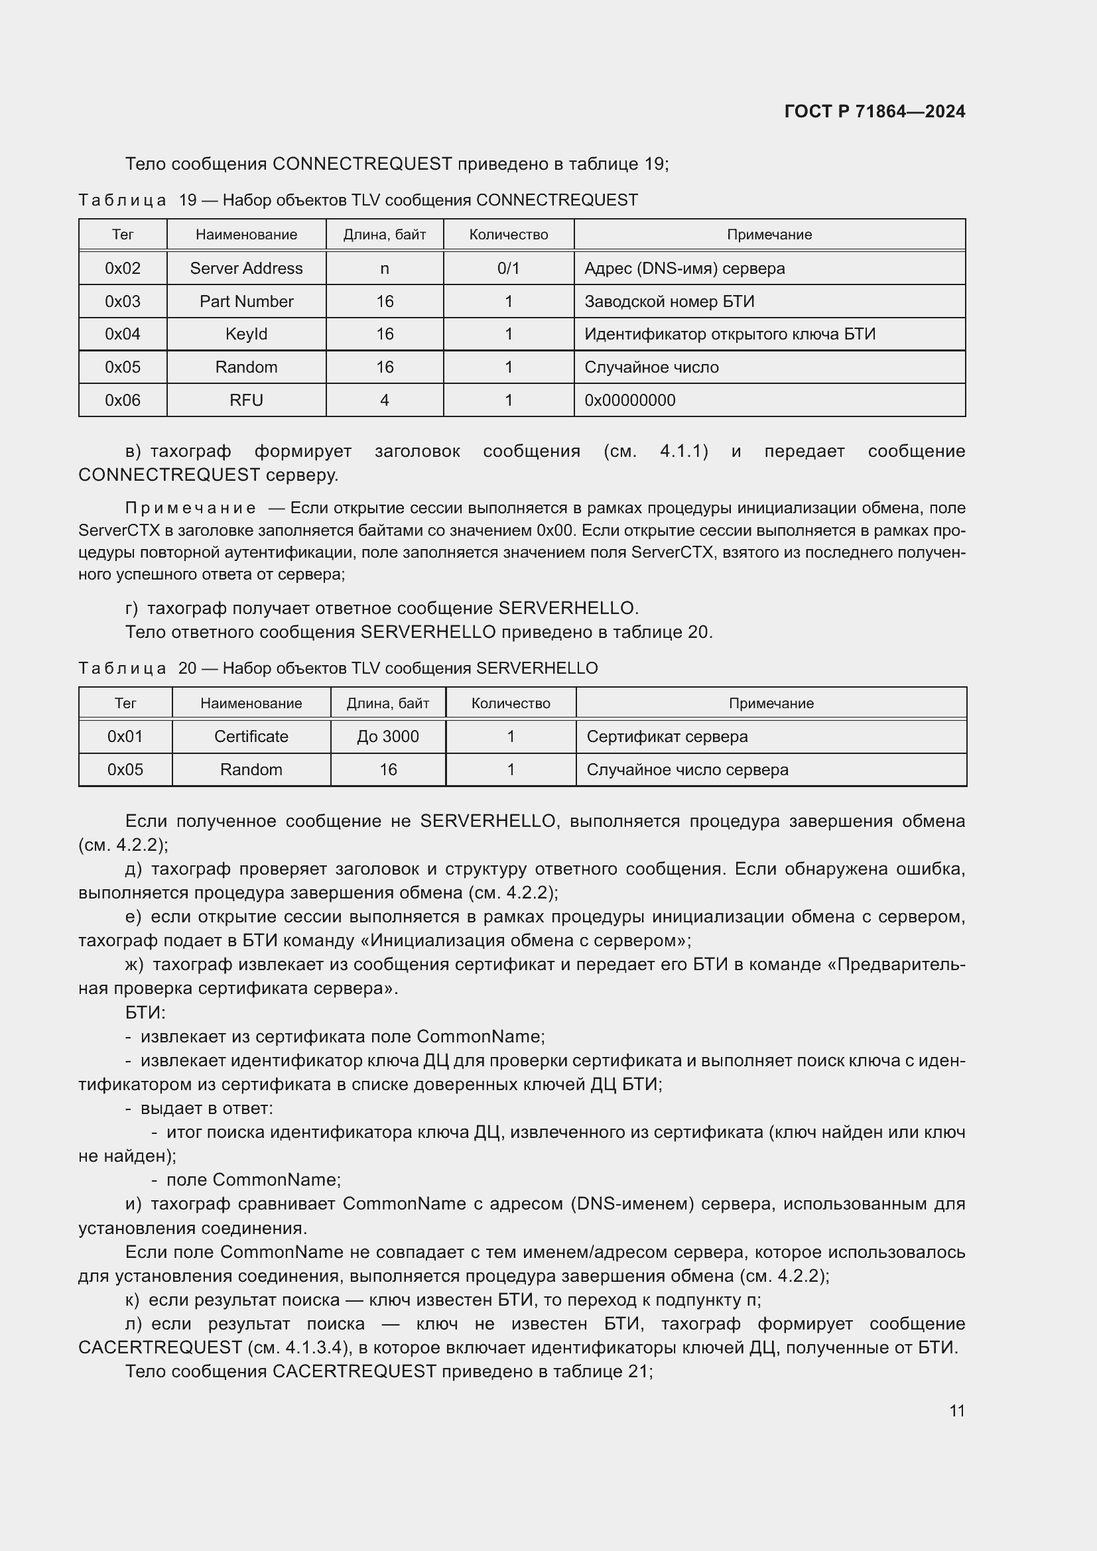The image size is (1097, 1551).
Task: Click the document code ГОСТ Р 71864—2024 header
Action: pos(874,111)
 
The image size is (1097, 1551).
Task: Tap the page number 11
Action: pos(956,1410)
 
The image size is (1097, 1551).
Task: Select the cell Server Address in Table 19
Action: pos(246,268)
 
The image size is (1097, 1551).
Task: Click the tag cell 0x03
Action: pos(122,301)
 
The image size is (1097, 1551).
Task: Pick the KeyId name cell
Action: pos(246,334)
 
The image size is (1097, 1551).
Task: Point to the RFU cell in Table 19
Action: pos(246,400)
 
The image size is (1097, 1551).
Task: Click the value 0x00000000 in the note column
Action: pos(629,400)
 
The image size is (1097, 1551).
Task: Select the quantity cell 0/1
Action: pos(508,268)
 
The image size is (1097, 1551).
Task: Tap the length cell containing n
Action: pos(385,268)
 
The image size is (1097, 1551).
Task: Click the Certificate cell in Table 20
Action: pos(251,736)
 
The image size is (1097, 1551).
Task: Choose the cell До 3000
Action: pos(388,736)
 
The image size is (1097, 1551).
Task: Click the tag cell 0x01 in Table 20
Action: pos(125,736)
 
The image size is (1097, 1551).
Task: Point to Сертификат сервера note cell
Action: pos(667,736)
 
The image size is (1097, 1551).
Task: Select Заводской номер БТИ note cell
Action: pos(669,301)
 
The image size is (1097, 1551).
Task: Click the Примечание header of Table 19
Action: pos(769,234)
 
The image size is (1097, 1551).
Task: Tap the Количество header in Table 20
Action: pos(510,703)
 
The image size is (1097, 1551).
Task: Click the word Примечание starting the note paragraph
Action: pos(190,508)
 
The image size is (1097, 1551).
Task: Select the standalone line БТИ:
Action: pos(145,1013)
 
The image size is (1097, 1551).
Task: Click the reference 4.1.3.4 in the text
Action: pos(312,1347)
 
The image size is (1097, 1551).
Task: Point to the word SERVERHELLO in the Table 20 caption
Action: pos(537,668)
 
